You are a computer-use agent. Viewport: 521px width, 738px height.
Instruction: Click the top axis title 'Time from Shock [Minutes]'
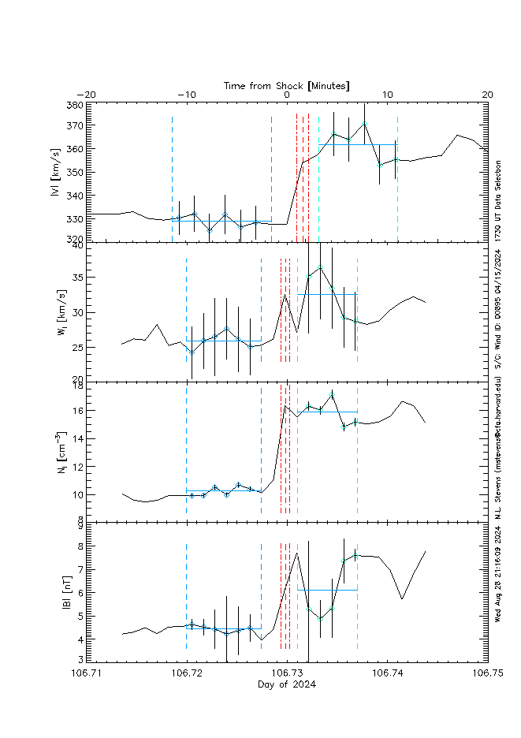(286, 84)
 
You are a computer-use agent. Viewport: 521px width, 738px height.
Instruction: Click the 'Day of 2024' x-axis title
(287, 684)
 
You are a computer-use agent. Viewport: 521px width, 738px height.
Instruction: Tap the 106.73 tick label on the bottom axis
(287, 673)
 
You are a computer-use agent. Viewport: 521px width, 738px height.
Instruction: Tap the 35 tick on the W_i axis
(76, 278)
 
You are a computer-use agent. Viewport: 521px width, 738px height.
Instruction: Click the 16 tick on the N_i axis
(76, 411)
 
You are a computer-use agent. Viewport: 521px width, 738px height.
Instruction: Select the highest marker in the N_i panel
(333, 393)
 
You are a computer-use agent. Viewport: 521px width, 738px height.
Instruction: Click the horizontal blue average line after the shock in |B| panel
(327, 590)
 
